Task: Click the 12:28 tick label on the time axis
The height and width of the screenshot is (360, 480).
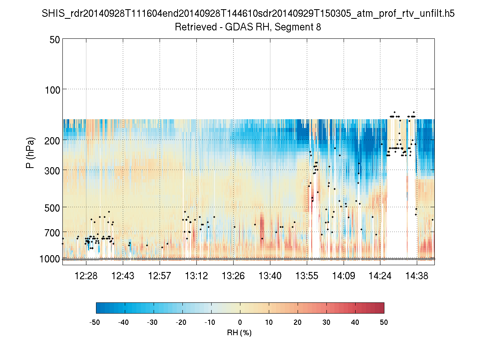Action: [x=86, y=276]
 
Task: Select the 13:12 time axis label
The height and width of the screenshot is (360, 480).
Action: [x=196, y=276]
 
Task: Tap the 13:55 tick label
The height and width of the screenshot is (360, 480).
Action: [x=307, y=276]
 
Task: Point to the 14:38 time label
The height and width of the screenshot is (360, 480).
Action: [x=417, y=276]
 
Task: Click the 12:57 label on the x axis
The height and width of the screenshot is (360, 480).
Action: [x=160, y=276]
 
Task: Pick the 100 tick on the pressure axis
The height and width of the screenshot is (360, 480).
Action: [x=51, y=89]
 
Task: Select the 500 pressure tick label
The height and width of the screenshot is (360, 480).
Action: [x=51, y=207]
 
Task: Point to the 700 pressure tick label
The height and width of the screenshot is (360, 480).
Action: [x=51, y=232]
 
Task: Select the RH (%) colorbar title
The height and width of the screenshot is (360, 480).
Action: [x=240, y=332]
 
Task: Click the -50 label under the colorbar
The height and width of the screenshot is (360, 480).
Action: [x=96, y=322]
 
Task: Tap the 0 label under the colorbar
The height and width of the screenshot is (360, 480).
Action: [x=240, y=322]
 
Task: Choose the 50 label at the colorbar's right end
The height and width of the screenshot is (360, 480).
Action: [x=384, y=322]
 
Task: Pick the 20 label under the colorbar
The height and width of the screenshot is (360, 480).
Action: [x=298, y=322]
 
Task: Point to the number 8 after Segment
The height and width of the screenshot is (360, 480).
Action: [x=319, y=27]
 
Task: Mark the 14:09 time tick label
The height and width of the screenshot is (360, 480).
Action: [x=344, y=276]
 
